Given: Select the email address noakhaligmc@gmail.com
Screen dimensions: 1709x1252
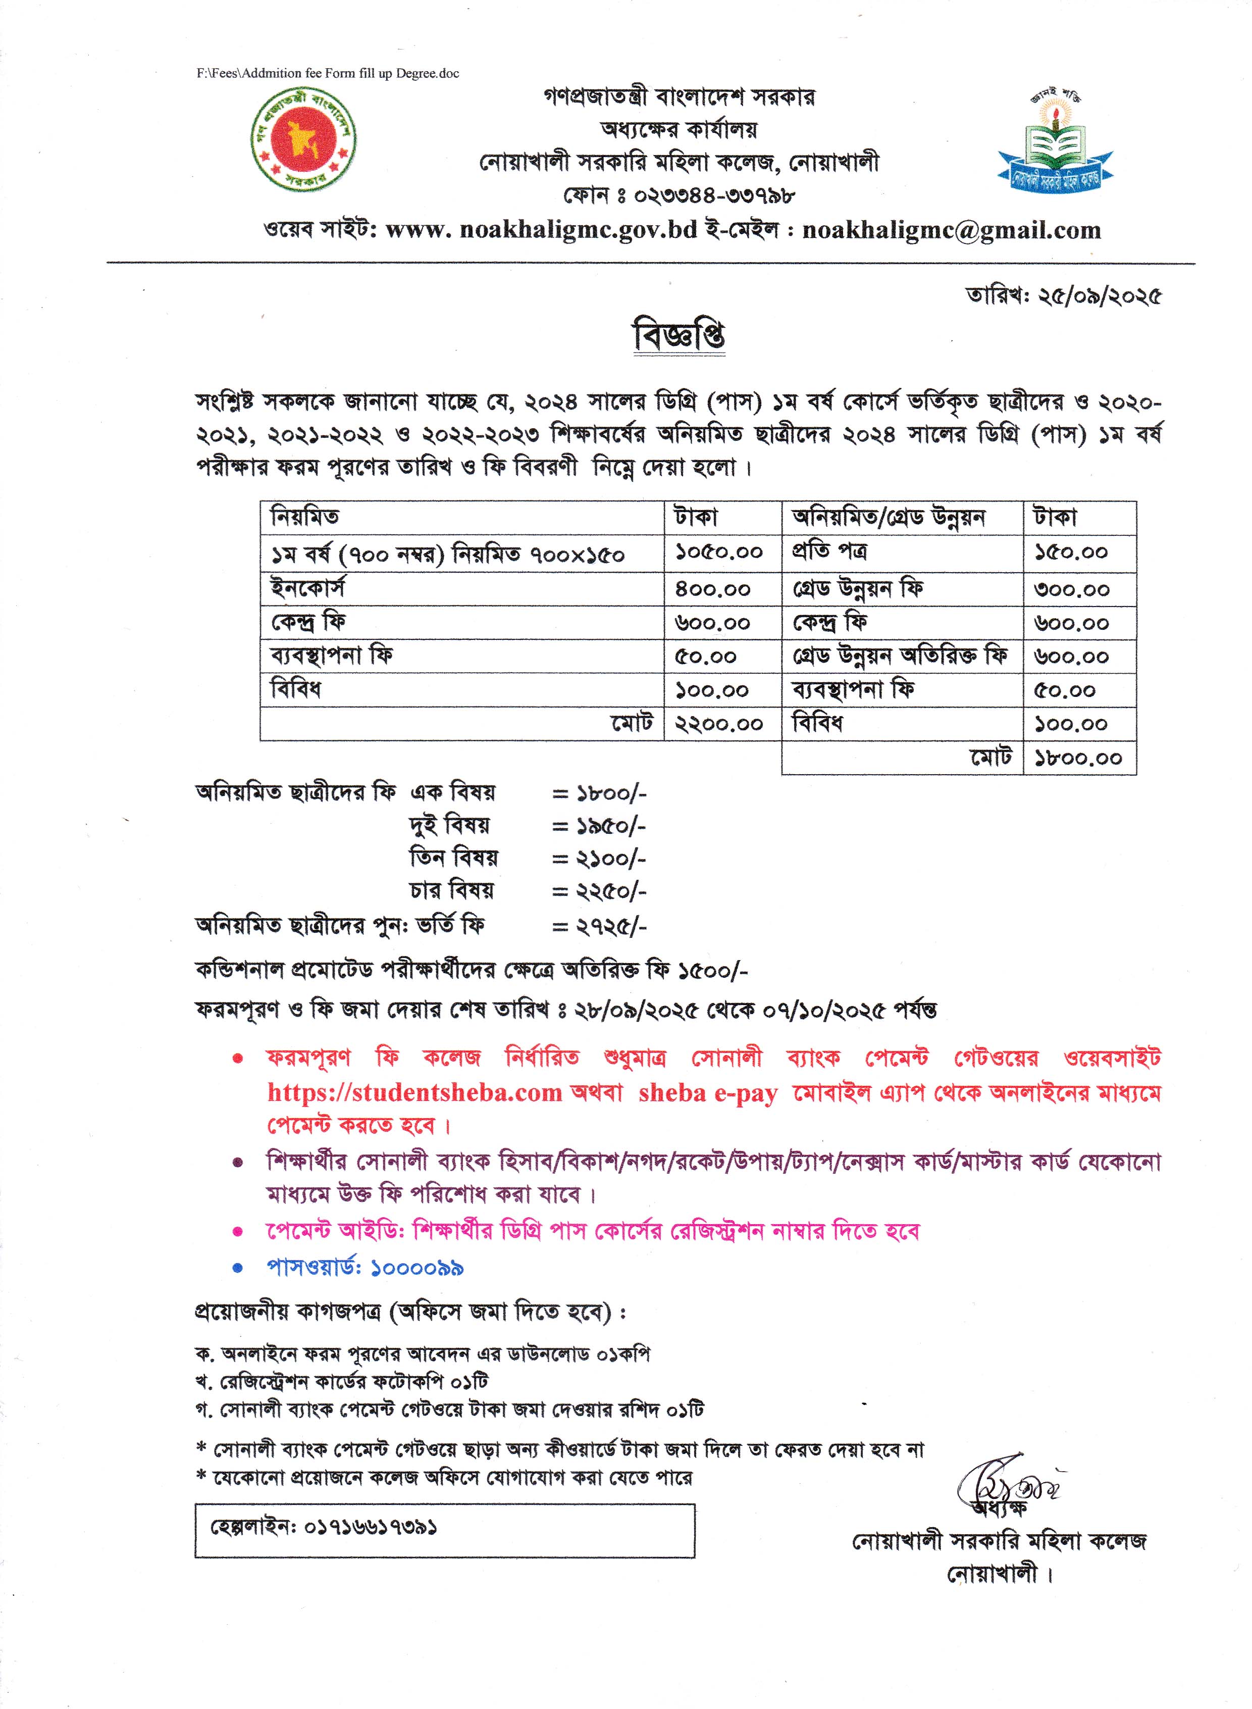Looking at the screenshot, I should click(x=951, y=230).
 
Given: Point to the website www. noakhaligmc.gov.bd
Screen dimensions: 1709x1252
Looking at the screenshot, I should click(x=541, y=230).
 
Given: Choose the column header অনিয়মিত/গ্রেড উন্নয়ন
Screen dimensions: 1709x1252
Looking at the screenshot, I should click(x=888, y=518).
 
